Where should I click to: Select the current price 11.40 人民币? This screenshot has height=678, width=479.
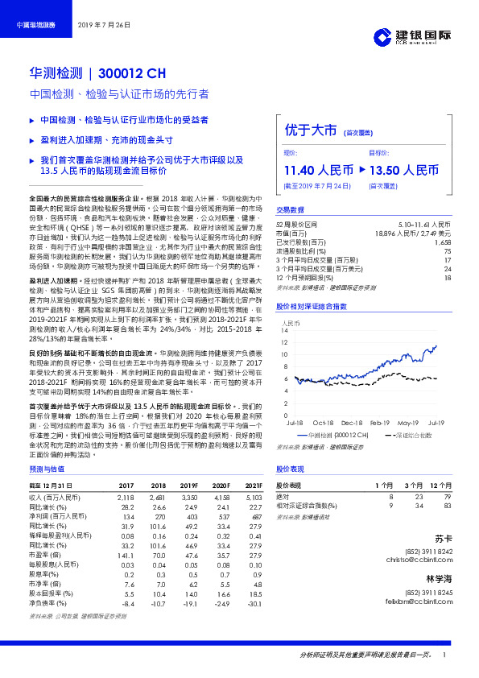318,170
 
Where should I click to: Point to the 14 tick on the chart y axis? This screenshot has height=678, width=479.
286,331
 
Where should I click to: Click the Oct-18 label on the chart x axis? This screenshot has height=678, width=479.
324,422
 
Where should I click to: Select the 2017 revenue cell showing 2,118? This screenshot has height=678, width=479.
126,498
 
